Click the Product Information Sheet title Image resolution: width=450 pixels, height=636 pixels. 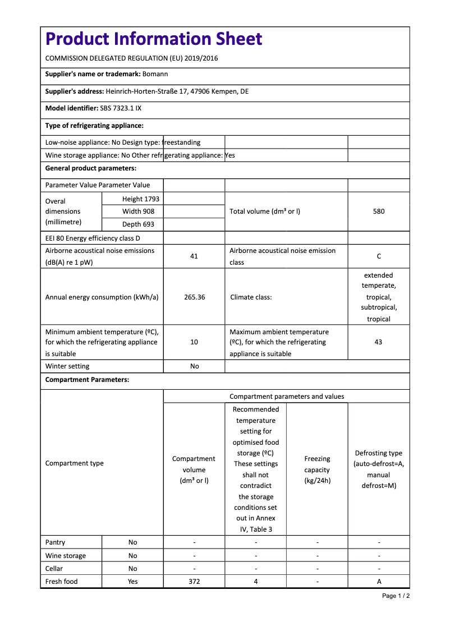[154, 39]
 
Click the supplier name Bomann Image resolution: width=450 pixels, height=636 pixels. [155, 74]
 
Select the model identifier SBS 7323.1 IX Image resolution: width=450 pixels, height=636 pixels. [121, 108]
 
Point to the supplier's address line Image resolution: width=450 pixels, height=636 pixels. [147, 91]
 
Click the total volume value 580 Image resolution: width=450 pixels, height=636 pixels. [379, 211]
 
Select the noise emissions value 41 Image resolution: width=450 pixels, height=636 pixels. [194, 256]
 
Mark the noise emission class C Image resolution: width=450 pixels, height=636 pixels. [379, 256]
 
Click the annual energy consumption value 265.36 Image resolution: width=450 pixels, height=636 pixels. [194, 297]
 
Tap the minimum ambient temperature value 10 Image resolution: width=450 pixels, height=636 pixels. [194, 342]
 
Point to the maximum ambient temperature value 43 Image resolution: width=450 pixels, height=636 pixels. [378, 342]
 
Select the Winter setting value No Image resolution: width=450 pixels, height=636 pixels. [194, 366]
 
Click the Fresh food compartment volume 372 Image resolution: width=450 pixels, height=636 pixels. [194, 582]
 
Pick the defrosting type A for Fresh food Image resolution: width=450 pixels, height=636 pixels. [379, 582]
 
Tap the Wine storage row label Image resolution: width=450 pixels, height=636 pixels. [66, 556]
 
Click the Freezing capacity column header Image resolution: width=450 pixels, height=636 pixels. [317, 469]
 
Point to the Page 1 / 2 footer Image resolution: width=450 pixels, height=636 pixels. [396, 596]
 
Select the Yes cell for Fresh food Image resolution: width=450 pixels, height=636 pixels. [132, 582]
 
